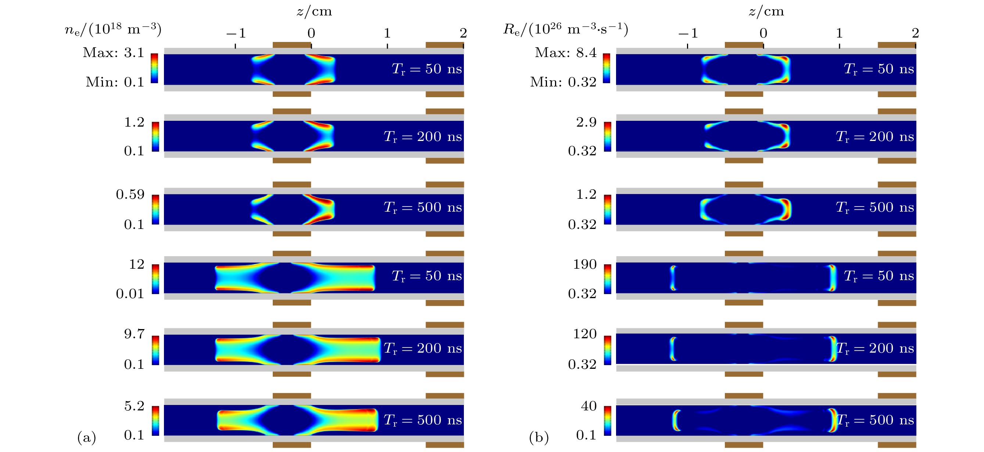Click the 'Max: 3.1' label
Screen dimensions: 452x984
113,52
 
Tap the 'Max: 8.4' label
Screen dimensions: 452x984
565,52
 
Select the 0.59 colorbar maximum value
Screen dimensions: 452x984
130,194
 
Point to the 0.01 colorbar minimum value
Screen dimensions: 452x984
130,294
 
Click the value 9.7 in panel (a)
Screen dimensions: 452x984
134,334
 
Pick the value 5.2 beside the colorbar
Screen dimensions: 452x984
134,406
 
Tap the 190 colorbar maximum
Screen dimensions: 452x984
584,264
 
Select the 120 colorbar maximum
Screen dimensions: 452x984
584,334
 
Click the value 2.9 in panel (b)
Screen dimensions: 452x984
586,122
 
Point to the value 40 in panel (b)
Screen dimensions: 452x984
588,406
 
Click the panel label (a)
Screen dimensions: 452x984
87,437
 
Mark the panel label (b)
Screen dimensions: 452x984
538,437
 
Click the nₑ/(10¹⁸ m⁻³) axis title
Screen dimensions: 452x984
113,29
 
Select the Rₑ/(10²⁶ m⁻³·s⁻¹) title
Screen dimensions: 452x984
565,29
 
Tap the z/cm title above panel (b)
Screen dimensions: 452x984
766,11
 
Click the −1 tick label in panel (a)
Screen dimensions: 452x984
236,33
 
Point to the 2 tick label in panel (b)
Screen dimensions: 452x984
915,33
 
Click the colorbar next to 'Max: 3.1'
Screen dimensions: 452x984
154,68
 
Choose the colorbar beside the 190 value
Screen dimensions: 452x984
607,279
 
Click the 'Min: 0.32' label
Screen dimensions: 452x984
563,82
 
